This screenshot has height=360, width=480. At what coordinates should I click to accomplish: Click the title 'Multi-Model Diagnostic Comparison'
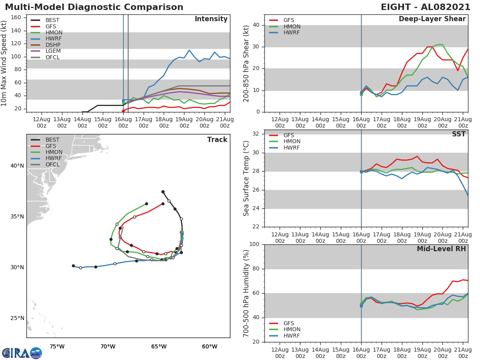(94, 7)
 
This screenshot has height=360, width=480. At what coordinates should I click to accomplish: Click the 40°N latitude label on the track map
(17, 166)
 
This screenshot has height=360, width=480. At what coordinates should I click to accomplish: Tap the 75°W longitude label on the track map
(57, 346)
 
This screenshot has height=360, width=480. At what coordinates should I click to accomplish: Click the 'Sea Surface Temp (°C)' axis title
(246, 178)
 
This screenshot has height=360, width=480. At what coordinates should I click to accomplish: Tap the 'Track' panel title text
(217, 140)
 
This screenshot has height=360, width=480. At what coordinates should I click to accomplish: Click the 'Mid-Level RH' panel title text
(441, 249)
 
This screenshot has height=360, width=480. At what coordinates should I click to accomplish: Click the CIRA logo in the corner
(22, 353)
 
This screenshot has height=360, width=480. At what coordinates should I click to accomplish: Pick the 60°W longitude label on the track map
(210, 346)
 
